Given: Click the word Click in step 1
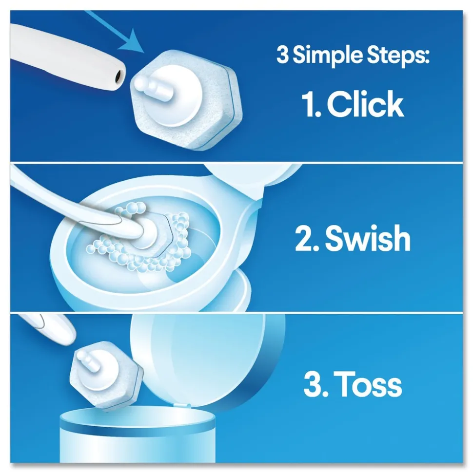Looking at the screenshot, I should pos(365,105).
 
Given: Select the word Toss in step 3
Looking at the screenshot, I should pos(370,385).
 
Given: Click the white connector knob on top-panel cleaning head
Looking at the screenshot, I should pos(156,86).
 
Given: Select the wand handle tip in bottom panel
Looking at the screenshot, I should pos(54,327).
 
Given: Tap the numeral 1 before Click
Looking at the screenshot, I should pos(309,105).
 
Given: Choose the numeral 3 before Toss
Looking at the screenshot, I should pos(312,385).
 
